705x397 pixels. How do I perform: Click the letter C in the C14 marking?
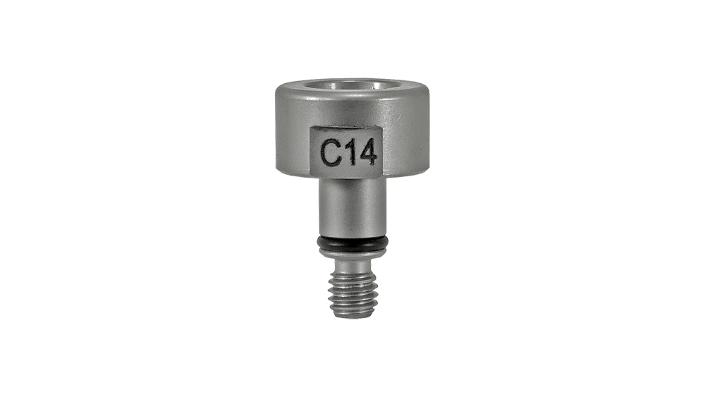(x=329, y=152)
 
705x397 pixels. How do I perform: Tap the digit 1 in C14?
(x=348, y=152)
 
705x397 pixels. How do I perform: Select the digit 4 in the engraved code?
(x=367, y=152)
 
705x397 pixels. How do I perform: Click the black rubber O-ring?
(x=352, y=243)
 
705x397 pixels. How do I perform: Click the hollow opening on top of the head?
(x=353, y=85)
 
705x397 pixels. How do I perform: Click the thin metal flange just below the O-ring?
(x=352, y=254)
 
